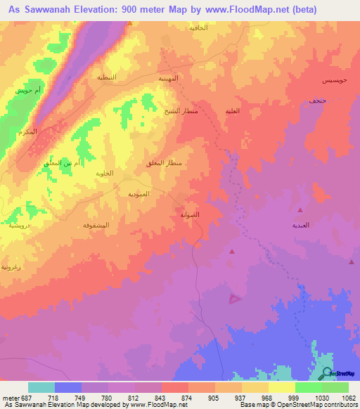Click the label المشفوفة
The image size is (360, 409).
tap(95, 225)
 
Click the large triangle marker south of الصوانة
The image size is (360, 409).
tap(235, 299)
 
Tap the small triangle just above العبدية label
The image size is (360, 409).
tap(300, 210)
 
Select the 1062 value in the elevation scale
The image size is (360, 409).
tap(349, 397)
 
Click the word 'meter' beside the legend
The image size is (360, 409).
tap(10, 397)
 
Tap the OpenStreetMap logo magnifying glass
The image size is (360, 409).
tap(326, 374)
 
